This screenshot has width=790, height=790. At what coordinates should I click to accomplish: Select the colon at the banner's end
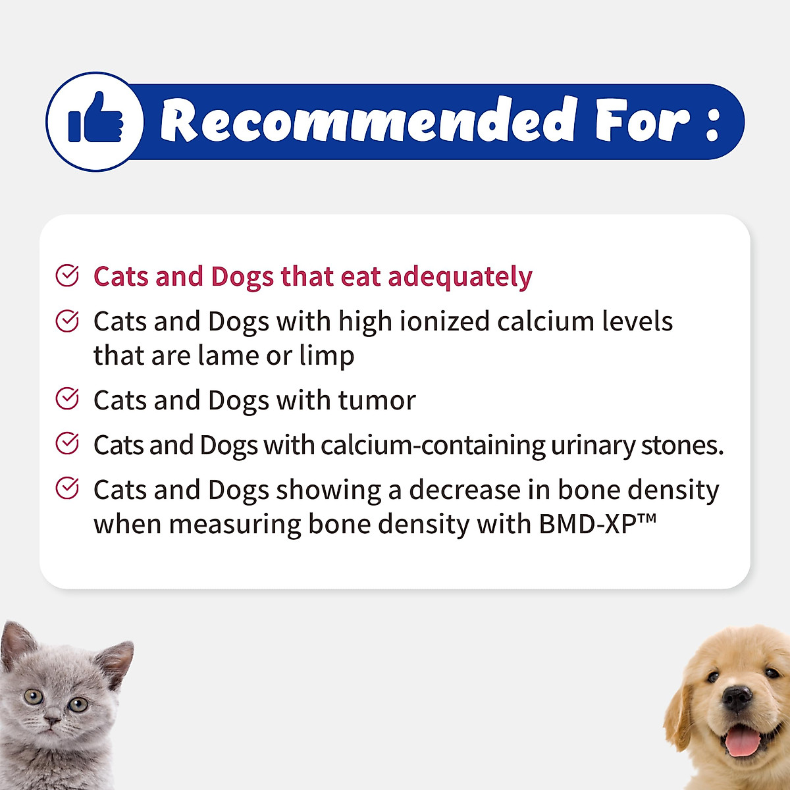click(712, 123)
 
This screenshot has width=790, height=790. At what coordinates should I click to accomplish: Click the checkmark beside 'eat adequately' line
click(67, 276)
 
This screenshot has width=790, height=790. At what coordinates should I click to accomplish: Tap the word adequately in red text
click(460, 277)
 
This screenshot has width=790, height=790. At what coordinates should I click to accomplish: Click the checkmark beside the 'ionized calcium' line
click(67, 321)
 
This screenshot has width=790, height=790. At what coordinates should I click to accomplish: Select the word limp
click(327, 356)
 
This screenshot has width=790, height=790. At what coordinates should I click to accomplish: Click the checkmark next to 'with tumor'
click(67, 398)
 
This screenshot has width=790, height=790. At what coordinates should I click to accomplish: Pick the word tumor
click(377, 400)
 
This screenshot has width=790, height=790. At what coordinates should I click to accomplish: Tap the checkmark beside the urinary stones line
click(67, 443)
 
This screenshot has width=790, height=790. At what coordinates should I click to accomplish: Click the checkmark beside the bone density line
click(67, 488)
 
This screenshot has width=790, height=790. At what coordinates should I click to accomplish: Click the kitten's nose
click(52, 721)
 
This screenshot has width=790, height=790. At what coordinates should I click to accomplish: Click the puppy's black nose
click(737, 698)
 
